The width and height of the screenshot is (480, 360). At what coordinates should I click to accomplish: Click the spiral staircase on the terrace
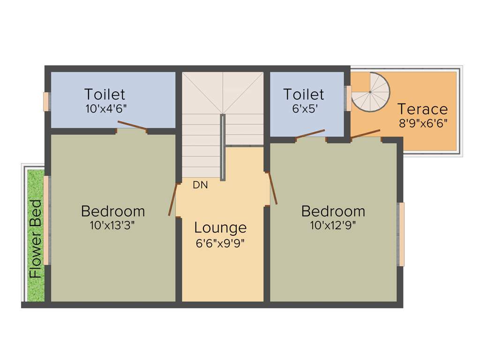click(x=371, y=92)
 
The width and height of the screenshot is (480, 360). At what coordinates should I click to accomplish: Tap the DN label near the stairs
click(x=200, y=185)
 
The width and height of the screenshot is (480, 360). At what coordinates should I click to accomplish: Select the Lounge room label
click(x=220, y=228)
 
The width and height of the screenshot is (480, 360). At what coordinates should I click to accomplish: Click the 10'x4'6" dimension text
click(x=105, y=109)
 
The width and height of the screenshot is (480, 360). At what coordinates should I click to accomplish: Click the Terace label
click(x=422, y=109)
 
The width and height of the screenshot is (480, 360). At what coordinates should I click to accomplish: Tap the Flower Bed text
click(x=36, y=239)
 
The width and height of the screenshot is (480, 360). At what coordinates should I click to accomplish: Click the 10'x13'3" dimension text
click(x=112, y=225)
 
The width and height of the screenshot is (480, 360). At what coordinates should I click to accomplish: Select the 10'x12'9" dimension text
click(x=333, y=225)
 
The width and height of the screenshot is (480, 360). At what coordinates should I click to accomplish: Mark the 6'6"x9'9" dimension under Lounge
click(x=220, y=243)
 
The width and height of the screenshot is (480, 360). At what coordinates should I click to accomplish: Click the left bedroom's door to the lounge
click(x=173, y=200)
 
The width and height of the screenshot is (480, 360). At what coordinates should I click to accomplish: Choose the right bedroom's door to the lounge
click(x=272, y=188)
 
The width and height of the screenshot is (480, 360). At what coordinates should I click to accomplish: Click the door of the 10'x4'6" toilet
click(x=132, y=126)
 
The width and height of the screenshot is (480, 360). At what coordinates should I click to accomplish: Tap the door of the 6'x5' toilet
click(x=310, y=134)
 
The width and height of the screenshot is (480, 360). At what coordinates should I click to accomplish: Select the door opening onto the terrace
click(x=365, y=134)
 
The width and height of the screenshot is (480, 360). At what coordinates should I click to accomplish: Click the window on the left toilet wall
click(x=46, y=102)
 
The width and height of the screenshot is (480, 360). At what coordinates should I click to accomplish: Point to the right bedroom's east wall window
click(x=401, y=234)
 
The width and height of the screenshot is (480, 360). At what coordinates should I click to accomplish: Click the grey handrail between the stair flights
click(x=223, y=146)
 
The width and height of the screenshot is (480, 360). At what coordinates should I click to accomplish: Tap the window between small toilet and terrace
click(x=348, y=98)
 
